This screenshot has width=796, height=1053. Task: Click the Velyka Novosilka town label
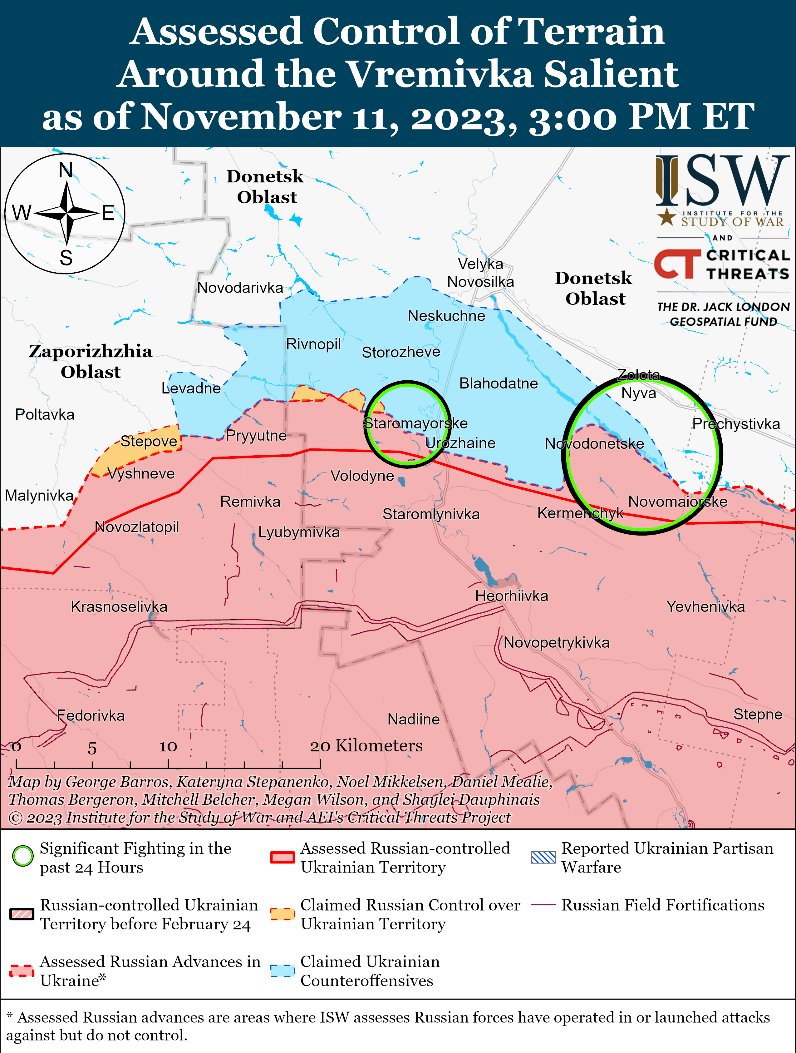click(x=480, y=272)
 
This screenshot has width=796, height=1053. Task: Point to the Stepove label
click(x=149, y=441)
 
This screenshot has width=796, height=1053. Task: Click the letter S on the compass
click(x=66, y=258)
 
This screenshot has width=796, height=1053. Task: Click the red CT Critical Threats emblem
click(x=676, y=264)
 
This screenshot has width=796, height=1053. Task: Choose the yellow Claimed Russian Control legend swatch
click(x=282, y=914)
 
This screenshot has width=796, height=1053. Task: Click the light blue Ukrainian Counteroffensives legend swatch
click(x=282, y=971)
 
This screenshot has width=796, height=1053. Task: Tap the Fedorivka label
click(x=91, y=715)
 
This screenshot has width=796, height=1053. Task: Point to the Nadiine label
click(x=414, y=719)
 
